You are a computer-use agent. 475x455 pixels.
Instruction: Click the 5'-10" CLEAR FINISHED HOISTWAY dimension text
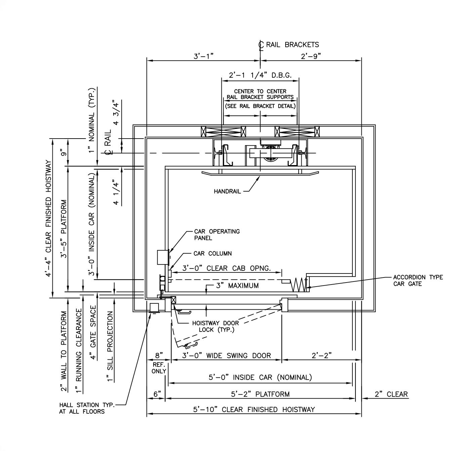[254, 409]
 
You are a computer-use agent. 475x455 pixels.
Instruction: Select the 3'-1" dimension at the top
[204, 56]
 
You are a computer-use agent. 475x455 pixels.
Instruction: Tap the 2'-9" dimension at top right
[311, 56]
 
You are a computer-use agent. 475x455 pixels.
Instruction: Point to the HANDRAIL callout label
[227, 192]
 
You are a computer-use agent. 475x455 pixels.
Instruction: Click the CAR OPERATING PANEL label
[217, 235]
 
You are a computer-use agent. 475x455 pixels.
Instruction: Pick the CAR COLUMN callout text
[213, 254]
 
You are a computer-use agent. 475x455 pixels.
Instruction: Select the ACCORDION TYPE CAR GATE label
[418, 281]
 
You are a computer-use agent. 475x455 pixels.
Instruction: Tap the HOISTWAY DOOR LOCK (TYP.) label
[215, 326]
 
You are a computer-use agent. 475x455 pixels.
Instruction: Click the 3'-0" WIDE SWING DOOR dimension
[226, 356]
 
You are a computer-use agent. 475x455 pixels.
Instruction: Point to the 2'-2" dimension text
[321, 356]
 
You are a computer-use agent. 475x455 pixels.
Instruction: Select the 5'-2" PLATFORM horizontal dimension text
[260, 394]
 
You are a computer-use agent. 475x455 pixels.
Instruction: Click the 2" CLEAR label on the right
[391, 394]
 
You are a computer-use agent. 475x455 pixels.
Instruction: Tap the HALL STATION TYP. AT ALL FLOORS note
[87, 408]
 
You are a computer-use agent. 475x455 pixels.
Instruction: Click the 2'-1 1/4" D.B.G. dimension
[260, 75]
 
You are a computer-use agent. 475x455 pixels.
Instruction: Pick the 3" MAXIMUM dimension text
[237, 286]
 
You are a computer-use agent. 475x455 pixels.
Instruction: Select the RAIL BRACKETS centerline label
[292, 45]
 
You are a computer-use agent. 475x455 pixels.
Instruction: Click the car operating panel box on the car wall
[162, 257]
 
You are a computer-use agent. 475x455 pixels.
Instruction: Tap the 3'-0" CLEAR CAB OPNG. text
[226, 268]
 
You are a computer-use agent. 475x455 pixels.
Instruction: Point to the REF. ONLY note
[159, 368]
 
